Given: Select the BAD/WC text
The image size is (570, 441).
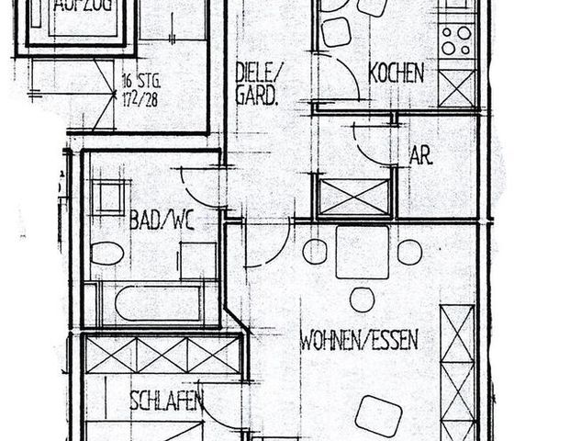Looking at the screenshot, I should (161, 220).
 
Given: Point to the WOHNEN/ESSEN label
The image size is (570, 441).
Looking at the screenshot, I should (359, 341).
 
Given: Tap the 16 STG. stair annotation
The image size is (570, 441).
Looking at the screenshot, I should (140, 82).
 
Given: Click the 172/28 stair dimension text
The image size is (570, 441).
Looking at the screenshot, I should (139, 97).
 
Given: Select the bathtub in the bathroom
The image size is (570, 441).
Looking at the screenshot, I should (156, 303).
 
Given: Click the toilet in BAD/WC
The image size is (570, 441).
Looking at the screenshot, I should (107, 253).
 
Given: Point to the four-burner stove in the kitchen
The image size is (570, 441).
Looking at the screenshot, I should (455, 40).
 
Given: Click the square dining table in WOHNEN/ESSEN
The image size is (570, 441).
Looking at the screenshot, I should (362, 252).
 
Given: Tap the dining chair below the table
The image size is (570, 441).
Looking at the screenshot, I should (362, 300).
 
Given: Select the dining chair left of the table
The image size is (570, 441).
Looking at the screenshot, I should (315, 251).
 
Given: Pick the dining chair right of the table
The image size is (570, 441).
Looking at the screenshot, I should (409, 251).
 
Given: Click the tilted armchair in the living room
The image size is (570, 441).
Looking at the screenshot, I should (378, 415).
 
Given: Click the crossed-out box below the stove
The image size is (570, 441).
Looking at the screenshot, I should (456, 88).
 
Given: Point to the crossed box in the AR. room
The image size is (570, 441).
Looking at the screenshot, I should (354, 198).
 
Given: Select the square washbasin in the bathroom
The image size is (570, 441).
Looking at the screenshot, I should (110, 198).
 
